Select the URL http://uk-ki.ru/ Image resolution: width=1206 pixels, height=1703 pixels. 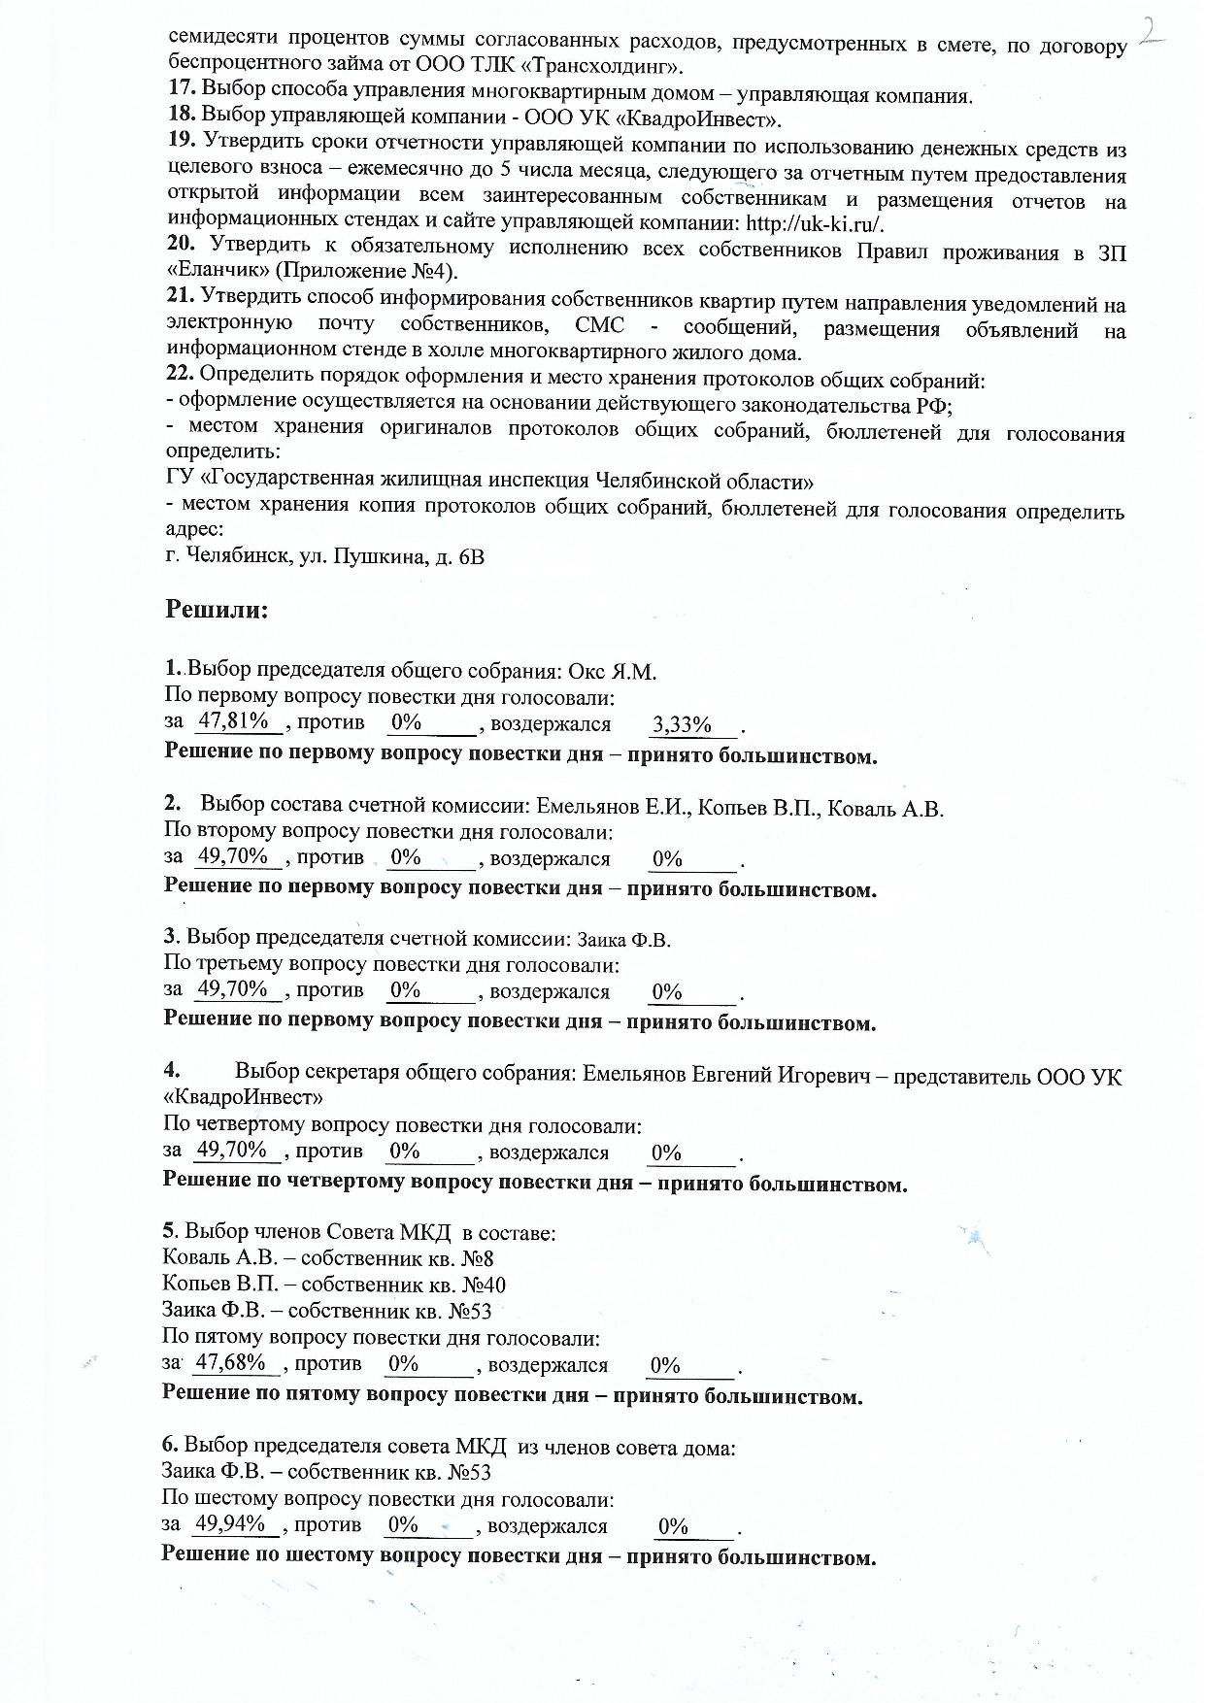[815, 223]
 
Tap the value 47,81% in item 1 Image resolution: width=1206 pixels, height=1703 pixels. [233, 721]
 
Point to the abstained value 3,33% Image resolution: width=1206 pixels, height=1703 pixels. [682, 724]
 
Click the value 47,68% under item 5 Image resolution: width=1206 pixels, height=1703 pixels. [231, 1362]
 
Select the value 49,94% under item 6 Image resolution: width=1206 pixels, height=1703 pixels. [231, 1523]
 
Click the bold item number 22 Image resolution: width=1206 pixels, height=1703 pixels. [182, 375]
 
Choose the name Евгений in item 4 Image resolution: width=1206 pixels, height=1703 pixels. [735, 1076]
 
